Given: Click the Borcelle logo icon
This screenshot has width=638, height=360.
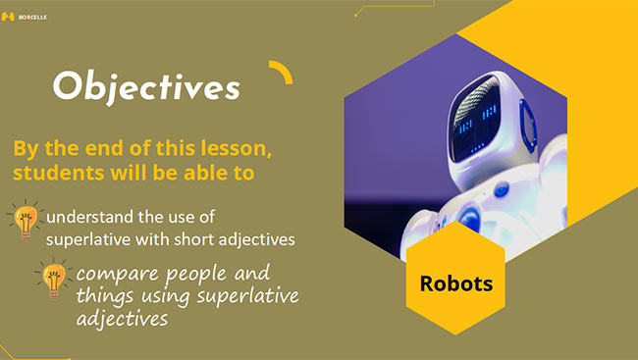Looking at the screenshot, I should click(9, 17).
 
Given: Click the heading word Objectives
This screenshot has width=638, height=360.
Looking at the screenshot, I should click(146, 86).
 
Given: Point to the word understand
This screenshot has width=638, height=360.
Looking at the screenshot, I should click(90, 216).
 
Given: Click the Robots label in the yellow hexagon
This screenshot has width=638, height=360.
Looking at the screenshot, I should click(455, 283).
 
